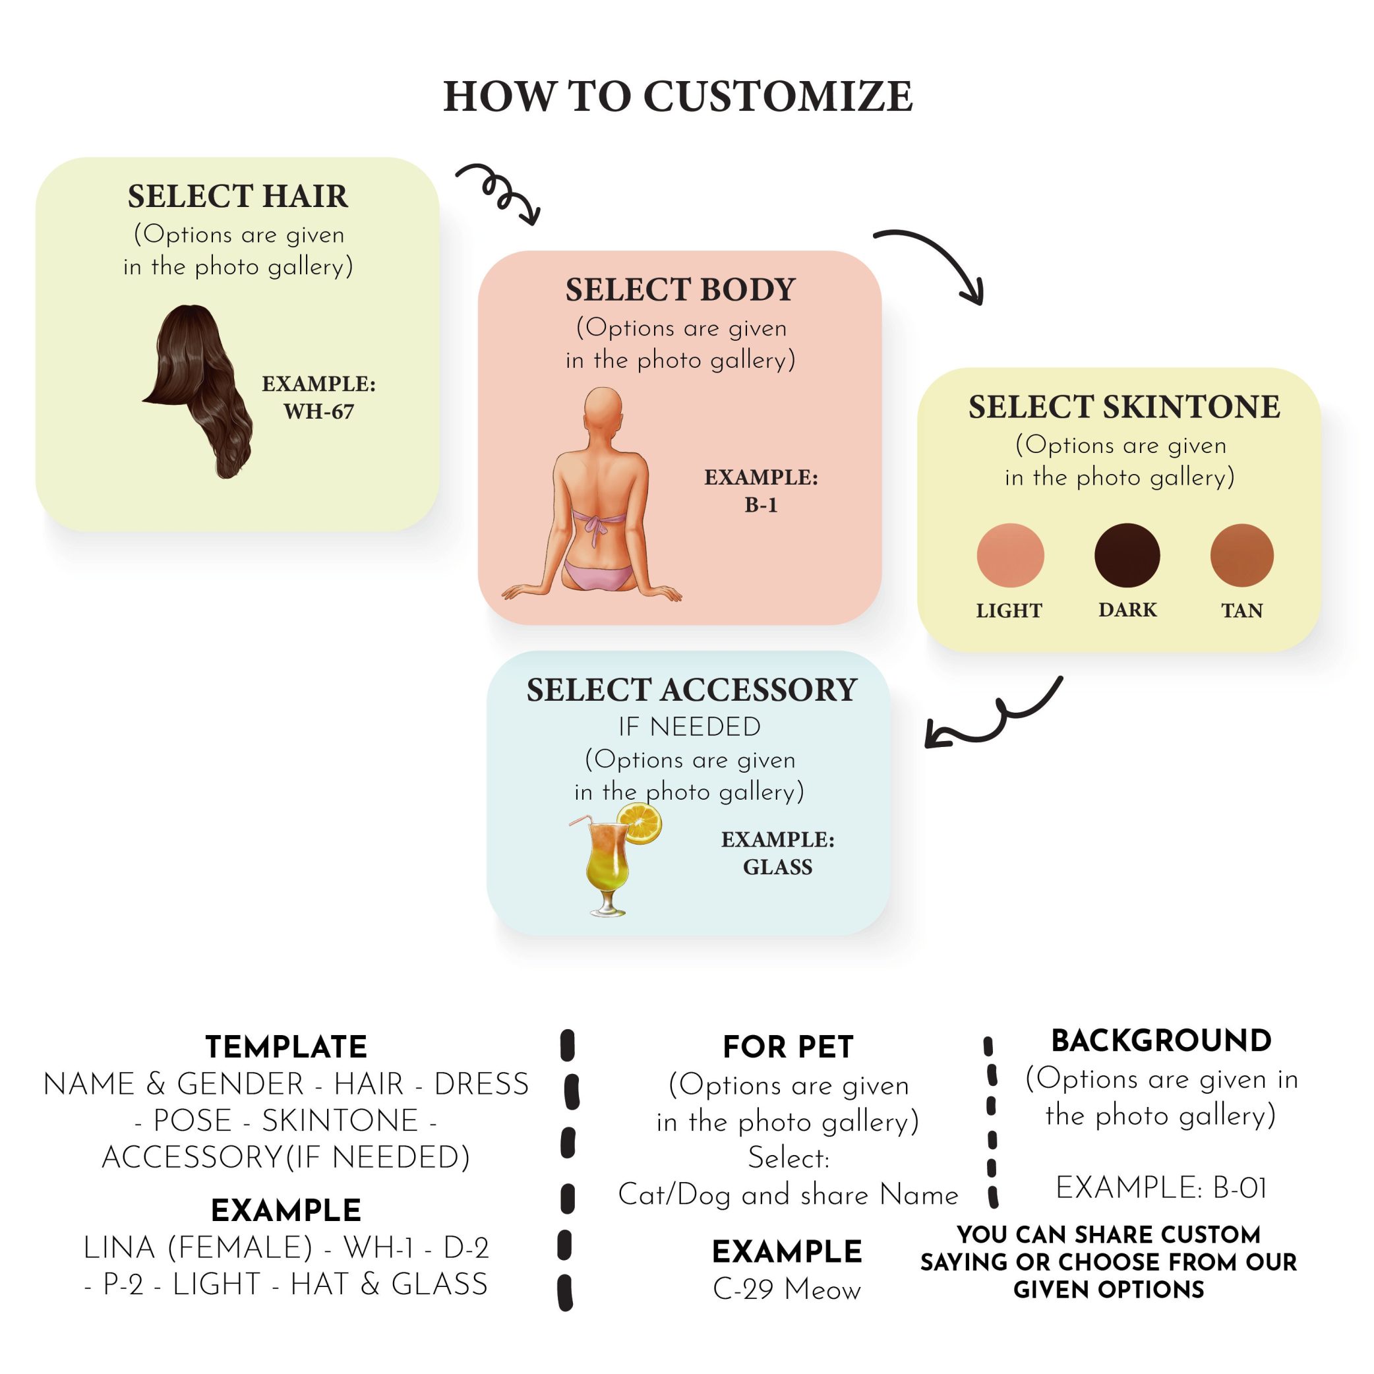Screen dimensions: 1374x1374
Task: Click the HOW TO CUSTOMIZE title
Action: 678,97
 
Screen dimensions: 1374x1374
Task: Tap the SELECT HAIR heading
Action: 237,196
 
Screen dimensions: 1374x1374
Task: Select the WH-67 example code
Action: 318,411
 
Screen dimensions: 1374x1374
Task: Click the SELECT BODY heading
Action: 680,289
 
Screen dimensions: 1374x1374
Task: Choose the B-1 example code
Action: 760,505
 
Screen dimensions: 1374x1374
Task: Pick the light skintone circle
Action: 1010,555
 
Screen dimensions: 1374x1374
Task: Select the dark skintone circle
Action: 1127,555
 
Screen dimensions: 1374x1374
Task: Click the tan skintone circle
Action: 1241,555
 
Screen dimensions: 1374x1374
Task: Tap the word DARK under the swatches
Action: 1127,609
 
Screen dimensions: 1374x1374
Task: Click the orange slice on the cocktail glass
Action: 640,823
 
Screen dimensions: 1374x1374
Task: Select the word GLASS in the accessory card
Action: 777,867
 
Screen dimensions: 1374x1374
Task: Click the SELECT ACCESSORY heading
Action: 691,690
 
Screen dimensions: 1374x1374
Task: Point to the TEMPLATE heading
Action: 286,1047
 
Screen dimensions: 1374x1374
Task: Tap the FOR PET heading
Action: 787,1047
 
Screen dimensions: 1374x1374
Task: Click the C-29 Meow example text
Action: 787,1290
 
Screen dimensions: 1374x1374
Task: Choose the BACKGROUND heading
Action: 1161,1040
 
